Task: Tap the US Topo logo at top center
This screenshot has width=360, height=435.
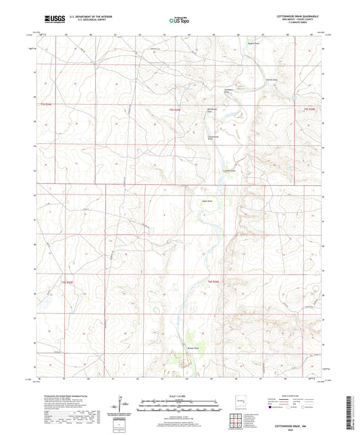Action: [x=179, y=20]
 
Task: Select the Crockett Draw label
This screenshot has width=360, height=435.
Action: [x=231, y=170]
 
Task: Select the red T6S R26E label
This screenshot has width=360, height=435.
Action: [x=213, y=280]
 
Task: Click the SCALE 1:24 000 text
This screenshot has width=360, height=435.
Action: [x=179, y=396]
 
